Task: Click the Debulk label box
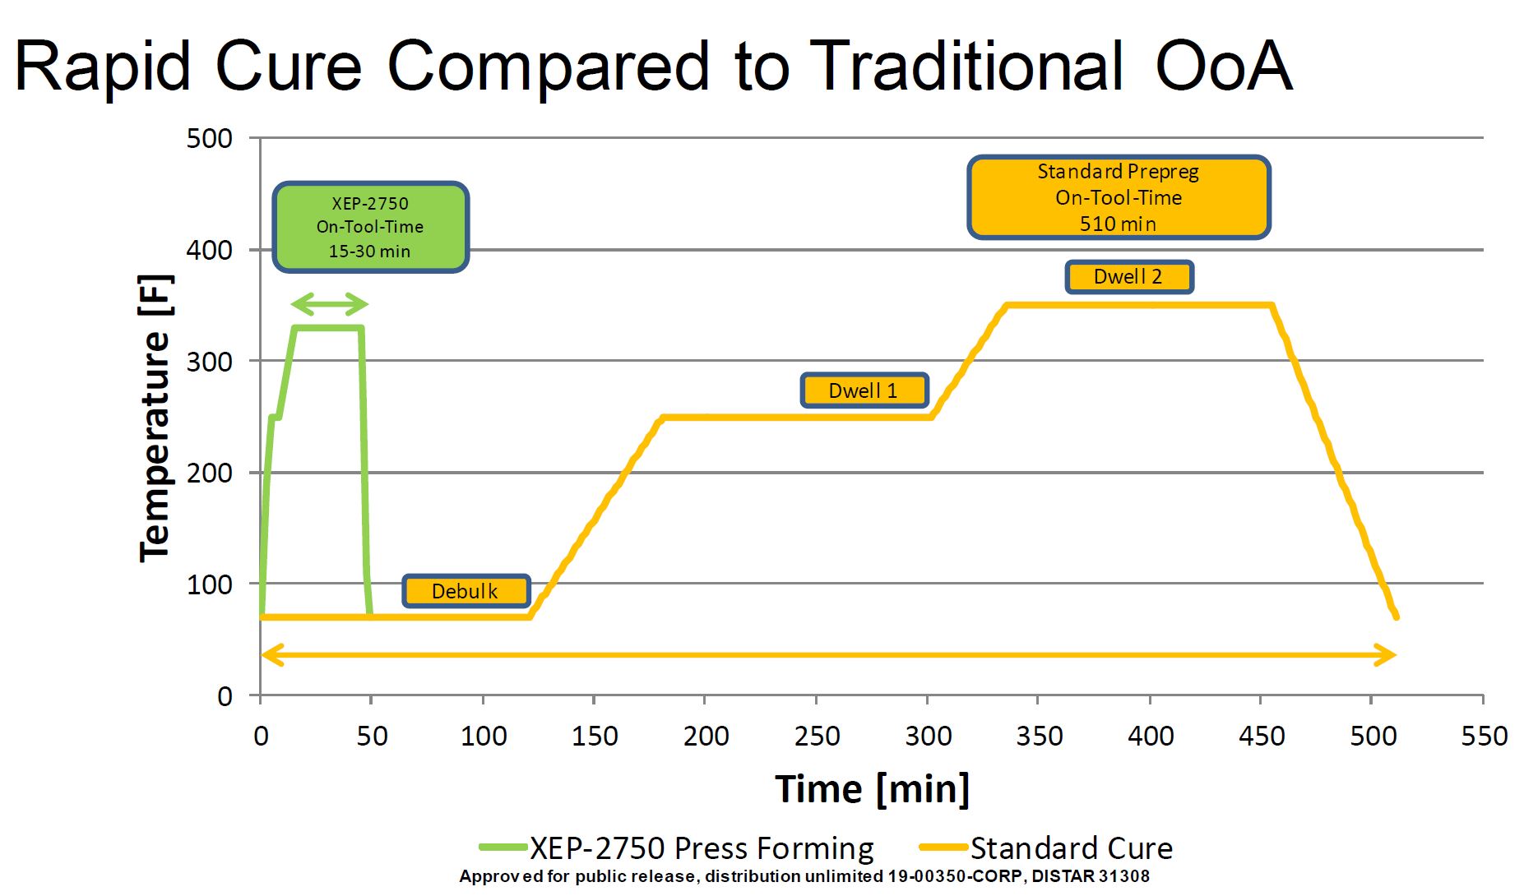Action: [466, 591]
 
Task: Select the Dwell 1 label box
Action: [864, 390]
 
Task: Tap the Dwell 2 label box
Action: [1128, 277]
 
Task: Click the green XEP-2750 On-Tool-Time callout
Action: [370, 227]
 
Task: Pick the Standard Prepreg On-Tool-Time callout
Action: [1119, 197]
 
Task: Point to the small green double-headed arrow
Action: [329, 304]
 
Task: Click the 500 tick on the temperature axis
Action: [210, 138]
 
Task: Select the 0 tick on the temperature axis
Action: [225, 696]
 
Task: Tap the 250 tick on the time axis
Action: [817, 736]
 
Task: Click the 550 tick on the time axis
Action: [1484, 736]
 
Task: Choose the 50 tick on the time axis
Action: [372, 736]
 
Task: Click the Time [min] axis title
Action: [872, 789]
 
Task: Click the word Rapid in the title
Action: [103, 66]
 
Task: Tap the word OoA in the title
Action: [1224, 66]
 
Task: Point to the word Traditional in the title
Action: [966, 66]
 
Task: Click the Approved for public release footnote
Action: [804, 876]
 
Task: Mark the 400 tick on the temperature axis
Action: [210, 250]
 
